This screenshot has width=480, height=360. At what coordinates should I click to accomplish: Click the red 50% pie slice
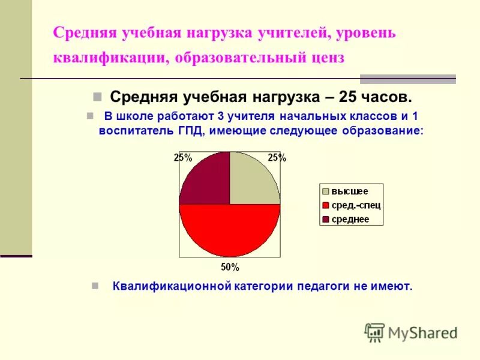coord(230,231)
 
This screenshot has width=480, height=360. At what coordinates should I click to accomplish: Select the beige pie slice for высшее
coord(252,180)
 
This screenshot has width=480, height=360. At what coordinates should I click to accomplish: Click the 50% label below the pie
coord(230,267)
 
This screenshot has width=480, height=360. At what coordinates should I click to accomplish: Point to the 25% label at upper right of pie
coord(277,158)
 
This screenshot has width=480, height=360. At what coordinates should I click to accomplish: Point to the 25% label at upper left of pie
coord(183,158)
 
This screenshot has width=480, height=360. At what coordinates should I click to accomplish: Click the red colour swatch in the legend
coord(326,205)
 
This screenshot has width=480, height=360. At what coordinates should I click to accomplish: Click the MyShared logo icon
coord(374,332)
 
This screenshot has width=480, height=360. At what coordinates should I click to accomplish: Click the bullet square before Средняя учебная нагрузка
coord(97,97)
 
